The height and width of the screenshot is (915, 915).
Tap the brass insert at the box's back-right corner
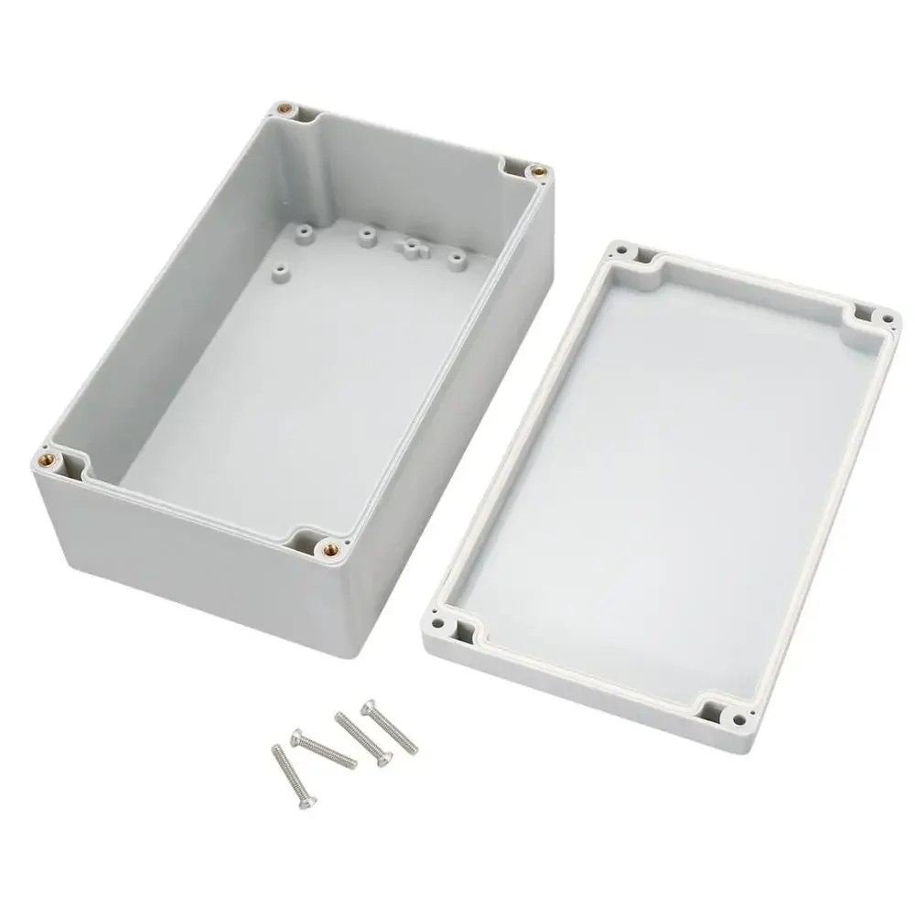click(x=539, y=169)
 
